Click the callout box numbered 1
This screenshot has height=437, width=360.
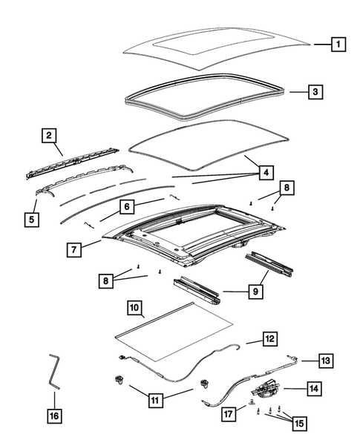[x=338, y=45]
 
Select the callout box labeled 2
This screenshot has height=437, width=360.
[x=49, y=135]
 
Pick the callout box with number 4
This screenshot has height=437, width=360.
[x=263, y=173]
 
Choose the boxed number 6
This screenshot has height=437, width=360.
[x=127, y=206]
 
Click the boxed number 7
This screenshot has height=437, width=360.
[x=75, y=249]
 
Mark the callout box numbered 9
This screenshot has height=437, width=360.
[x=254, y=292]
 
